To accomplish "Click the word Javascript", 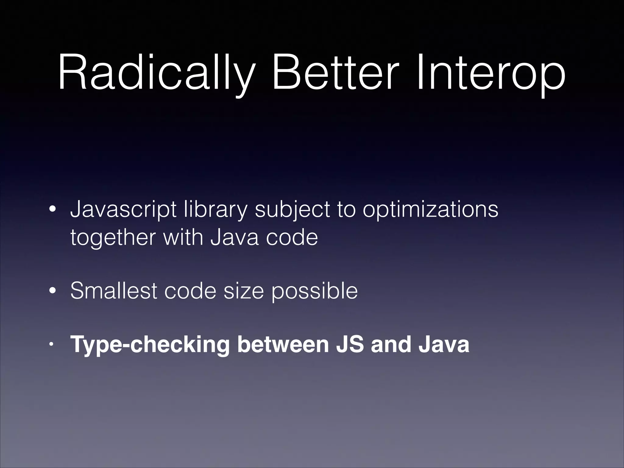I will pyautogui.click(x=123, y=210).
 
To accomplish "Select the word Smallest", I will pyautogui.click(x=113, y=291).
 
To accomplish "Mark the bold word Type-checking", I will pyautogui.click(x=150, y=345).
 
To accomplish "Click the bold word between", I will pyautogui.click(x=283, y=344).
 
